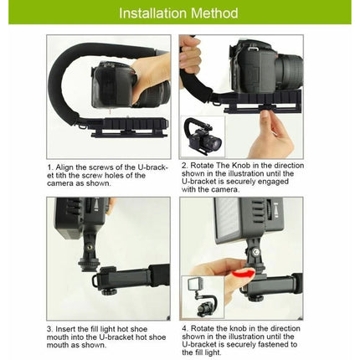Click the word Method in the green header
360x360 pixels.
(x=213, y=13)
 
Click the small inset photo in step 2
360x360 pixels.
(x=202, y=136)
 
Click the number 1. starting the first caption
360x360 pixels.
(x=50, y=167)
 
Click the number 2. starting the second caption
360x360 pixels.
(x=183, y=165)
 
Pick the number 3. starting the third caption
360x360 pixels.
(x=49, y=329)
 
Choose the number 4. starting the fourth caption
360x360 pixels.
(x=183, y=329)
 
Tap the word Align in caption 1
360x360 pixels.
(x=65, y=167)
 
